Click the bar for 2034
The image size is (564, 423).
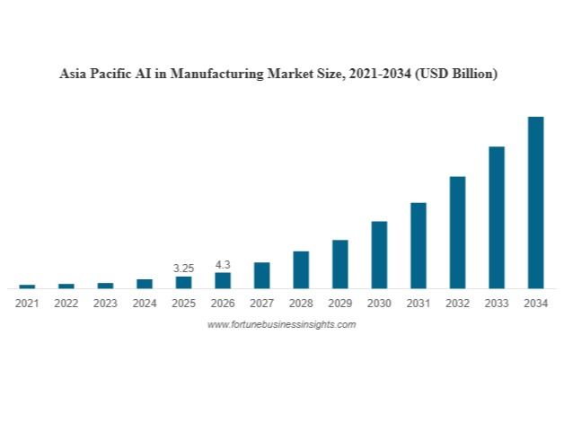(x=535, y=202)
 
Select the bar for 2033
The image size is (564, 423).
(x=497, y=217)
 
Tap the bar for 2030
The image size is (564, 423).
(x=379, y=254)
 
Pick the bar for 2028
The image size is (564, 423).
(x=301, y=269)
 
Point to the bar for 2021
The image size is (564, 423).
(x=27, y=286)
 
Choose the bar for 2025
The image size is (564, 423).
(x=183, y=282)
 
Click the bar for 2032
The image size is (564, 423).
(x=457, y=232)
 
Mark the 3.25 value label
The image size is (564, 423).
(x=183, y=268)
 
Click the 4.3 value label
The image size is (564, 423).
(x=223, y=264)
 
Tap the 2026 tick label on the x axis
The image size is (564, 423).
(x=223, y=304)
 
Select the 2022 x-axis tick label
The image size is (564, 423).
(x=66, y=304)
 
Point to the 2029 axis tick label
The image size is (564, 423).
(x=340, y=304)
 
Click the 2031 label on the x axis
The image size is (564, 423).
(x=419, y=304)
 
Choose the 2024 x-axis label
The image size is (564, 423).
(x=145, y=304)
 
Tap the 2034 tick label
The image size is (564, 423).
(x=535, y=304)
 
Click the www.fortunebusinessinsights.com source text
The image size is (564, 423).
(x=281, y=324)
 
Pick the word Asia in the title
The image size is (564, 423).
(x=74, y=75)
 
